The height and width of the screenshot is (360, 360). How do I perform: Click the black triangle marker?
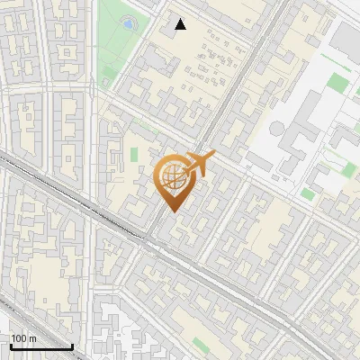click(x=181, y=24)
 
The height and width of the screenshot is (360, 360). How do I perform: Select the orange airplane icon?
click(x=200, y=165)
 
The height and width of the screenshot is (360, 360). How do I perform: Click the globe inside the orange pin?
click(x=173, y=176)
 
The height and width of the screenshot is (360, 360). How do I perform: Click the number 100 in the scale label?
click(x=18, y=338)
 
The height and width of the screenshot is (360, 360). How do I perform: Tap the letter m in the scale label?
click(x=33, y=338)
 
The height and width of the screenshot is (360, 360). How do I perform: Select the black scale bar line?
click(x=40, y=346)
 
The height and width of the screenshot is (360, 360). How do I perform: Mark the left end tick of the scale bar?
click(x=10, y=345)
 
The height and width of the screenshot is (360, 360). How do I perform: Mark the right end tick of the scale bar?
click(x=72, y=345)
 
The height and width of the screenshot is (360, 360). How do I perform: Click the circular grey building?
click(x=278, y=129)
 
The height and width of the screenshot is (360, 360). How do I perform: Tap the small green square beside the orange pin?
click(x=134, y=154)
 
